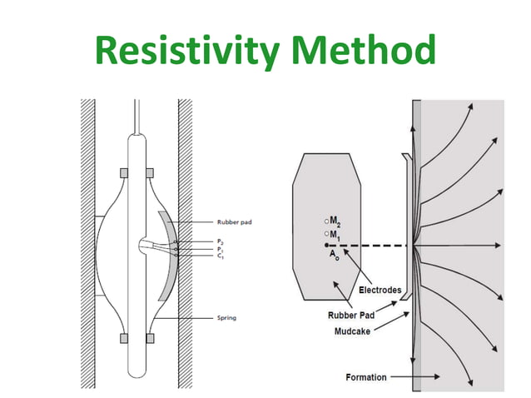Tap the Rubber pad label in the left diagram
(x=234, y=222)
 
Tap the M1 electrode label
(x=334, y=235)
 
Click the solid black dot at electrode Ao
(x=327, y=246)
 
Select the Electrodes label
(x=380, y=290)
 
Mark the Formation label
(x=366, y=377)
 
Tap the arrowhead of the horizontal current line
(x=497, y=246)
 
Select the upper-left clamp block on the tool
(x=124, y=172)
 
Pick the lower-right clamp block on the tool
(x=150, y=337)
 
